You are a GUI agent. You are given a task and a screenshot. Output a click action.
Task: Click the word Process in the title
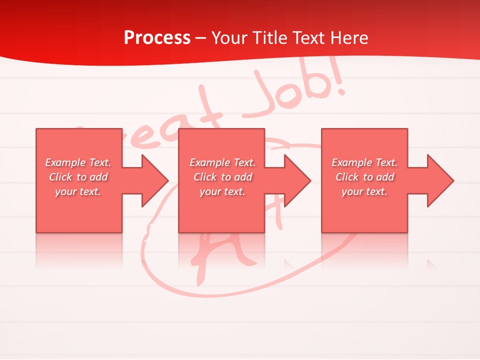157,38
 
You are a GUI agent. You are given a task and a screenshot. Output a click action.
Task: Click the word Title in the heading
270,38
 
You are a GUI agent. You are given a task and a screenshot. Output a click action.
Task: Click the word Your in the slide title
229,38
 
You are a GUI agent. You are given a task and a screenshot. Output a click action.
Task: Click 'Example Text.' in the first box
78,162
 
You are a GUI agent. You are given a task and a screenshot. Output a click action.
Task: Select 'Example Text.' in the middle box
222,162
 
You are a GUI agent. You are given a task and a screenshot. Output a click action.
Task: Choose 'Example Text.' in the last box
364,162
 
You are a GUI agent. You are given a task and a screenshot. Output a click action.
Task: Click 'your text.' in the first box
78,191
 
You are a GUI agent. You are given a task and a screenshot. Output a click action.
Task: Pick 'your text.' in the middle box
222,191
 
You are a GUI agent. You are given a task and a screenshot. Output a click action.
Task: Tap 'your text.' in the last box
364,191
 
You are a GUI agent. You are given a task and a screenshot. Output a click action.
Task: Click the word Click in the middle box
205,177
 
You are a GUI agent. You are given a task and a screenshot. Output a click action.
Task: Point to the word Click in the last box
347,177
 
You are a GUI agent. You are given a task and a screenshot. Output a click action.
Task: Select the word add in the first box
99,177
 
